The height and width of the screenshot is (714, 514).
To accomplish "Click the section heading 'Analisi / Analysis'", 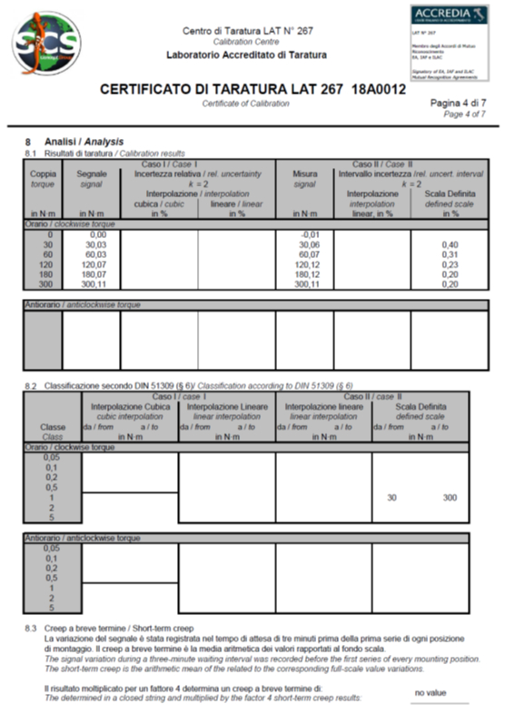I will [x=78, y=143].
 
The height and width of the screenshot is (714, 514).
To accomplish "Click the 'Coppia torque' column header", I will [x=43, y=177].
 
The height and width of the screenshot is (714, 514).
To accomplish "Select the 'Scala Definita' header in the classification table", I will [x=420, y=407].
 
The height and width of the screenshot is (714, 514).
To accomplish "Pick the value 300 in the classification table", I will [x=450, y=498].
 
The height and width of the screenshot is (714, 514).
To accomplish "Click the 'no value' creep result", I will [x=430, y=693].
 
